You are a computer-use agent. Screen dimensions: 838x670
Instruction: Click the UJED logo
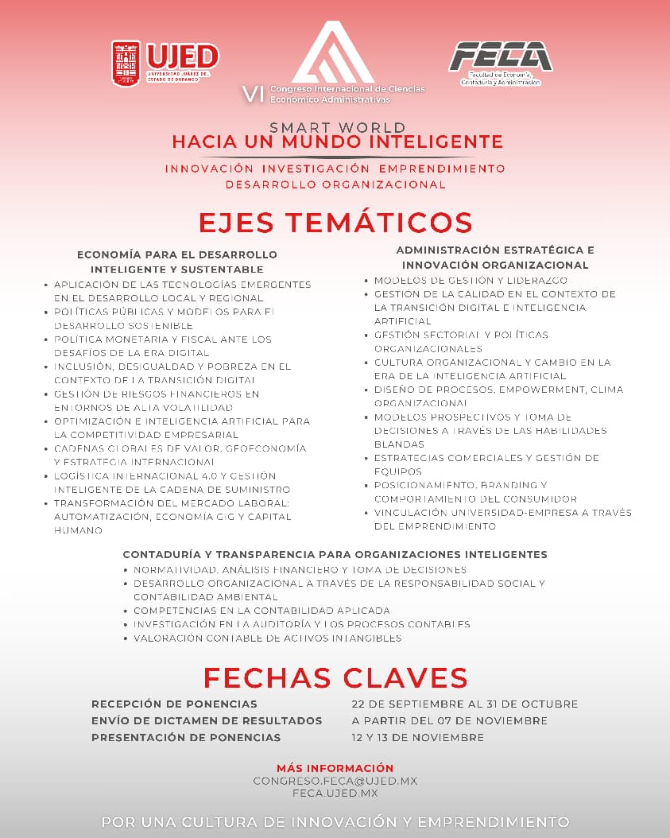pyautogui.click(x=165, y=62)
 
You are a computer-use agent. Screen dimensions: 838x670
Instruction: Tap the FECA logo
pyautogui.click(x=500, y=62)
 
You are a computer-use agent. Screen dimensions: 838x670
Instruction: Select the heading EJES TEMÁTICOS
pyautogui.click(x=335, y=222)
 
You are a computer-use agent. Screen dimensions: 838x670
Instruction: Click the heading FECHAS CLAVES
pyautogui.click(x=335, y=677)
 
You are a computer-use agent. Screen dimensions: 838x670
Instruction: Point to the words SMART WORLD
pyautogui.click(x=337, y=127)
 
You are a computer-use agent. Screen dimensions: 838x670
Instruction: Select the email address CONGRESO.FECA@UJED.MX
pyautogui.click(x=335, y=781)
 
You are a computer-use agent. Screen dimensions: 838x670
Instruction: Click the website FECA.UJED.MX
pyautogui.click(x=335, y=793)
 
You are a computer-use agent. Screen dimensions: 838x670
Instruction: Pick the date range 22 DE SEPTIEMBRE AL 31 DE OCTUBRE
pyautogui.click(x=465, y=704)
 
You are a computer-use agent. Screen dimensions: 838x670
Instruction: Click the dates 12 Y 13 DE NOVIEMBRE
pyautogui.click(x=418, y=737)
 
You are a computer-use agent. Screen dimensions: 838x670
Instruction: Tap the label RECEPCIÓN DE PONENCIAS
pyautogui.click(x=174, y=704)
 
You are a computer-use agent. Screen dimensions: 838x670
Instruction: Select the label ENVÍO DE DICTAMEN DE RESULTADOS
pyautogui.click(x=207, y=720)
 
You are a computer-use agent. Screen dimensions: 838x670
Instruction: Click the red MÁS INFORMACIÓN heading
pyautogui.click(x=335, y=768)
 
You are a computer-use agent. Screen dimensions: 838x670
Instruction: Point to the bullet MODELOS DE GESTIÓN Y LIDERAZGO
pyautogui.click(x=471, y=281)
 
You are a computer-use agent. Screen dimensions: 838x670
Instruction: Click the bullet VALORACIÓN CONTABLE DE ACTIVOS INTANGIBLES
pyautogui.click(x=267, y=638)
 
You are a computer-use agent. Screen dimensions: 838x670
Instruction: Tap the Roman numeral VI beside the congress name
pyautogui.click(x=253, y=94)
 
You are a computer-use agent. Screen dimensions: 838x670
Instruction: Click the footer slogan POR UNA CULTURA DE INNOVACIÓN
pyautogui.click(x=335, y=821)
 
